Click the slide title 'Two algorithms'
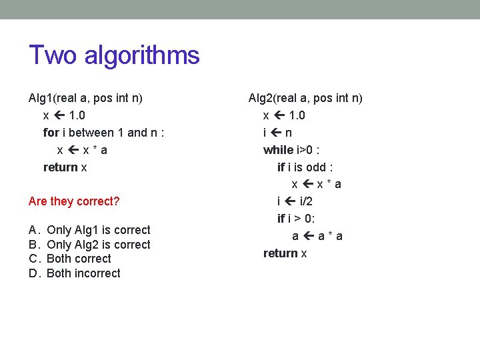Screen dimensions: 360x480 pos(114,55)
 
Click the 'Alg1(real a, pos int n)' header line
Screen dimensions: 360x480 pos(85,98)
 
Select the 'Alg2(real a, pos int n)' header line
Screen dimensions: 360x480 pos(305,98)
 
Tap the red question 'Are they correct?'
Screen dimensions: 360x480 pos(74,201)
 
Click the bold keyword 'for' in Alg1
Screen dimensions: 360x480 pos(51,133)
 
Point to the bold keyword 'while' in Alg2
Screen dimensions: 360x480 pos(278,150)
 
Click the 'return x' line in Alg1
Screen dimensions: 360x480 pos(65,167)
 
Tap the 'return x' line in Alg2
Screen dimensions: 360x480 pos(285,253)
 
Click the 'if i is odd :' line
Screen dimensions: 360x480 pos(305,167)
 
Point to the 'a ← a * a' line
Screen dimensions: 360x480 pos(317,236)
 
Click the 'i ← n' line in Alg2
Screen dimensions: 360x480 pos(277,133)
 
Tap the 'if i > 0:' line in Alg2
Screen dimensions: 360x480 pos(297,219)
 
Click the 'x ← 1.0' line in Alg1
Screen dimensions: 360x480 pos(64,115)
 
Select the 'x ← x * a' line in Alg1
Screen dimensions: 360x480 pos(82,150)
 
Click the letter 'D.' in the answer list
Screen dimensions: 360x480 pos(35,273)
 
